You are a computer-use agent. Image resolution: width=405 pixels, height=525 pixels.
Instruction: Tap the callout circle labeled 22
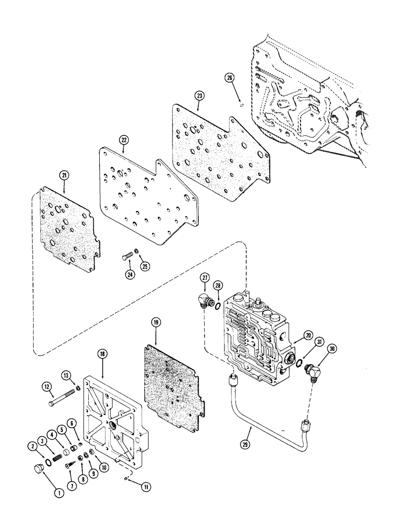point(123,140)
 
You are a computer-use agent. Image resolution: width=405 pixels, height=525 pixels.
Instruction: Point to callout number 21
point(65,175)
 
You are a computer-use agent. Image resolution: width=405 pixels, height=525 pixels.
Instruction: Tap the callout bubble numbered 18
point(102,355)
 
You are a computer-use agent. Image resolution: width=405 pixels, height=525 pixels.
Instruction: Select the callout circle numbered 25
point(145,266)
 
